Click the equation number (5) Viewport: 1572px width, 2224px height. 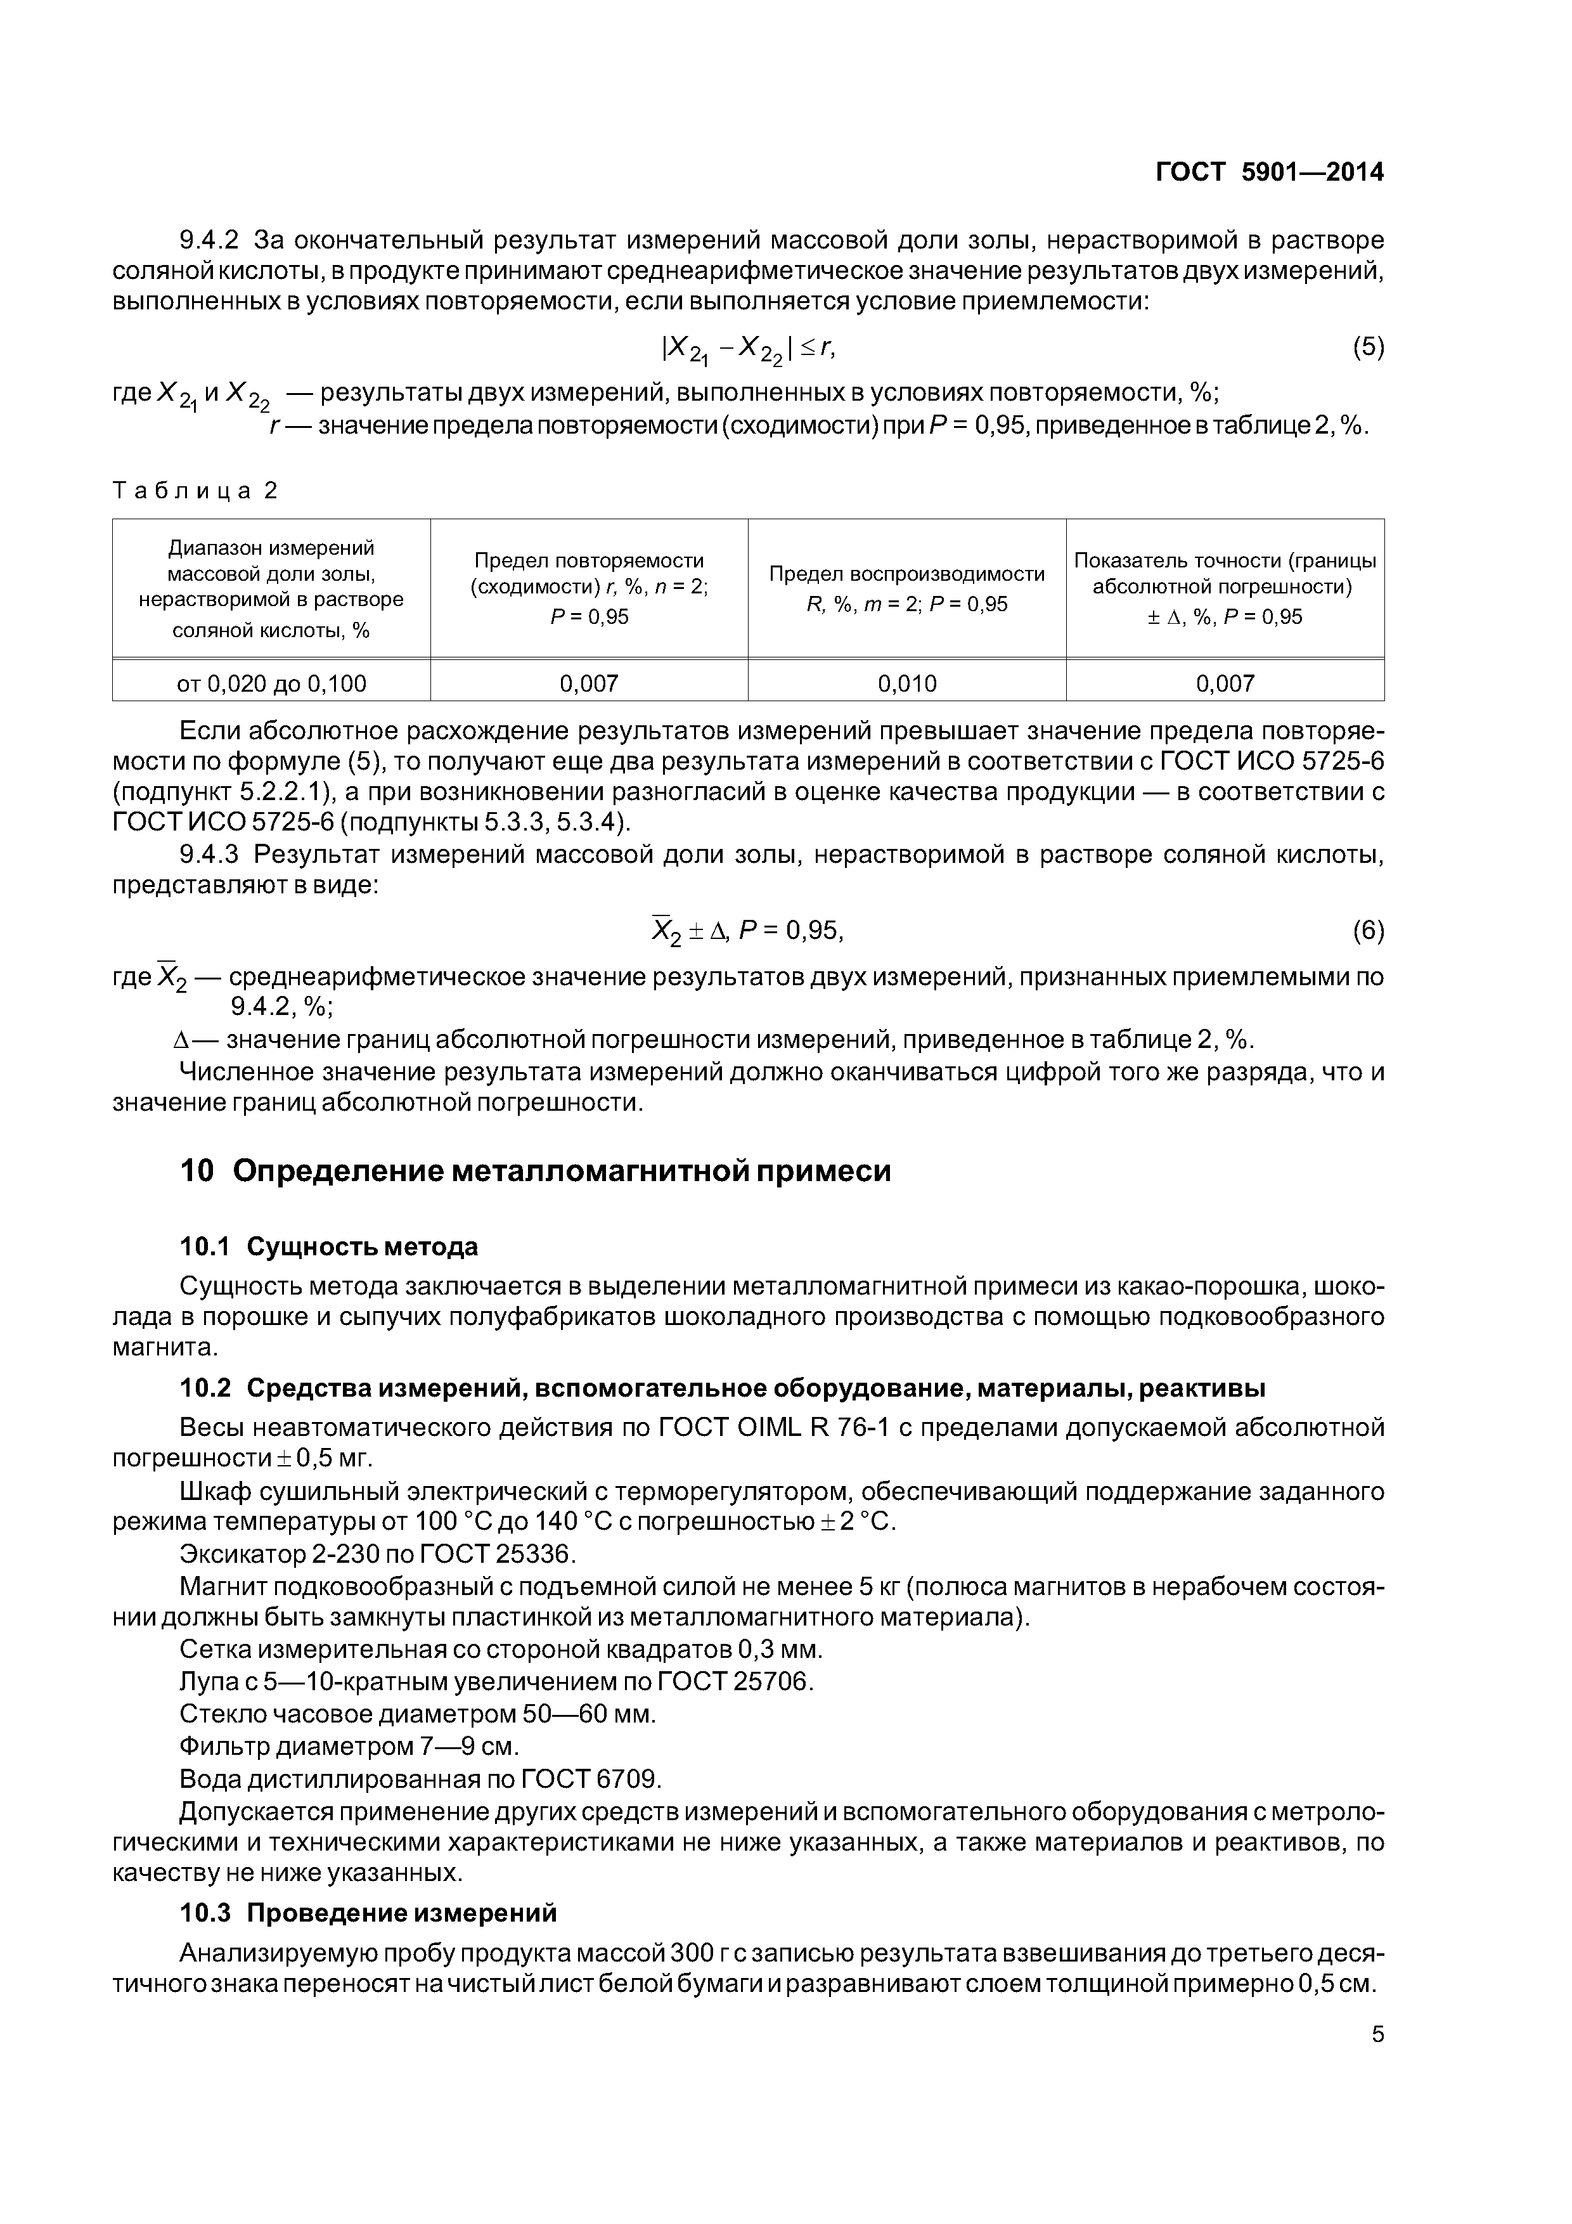[1368, 347]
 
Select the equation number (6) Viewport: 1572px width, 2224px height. [1368, 931]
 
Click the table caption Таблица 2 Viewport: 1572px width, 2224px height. [195, 491]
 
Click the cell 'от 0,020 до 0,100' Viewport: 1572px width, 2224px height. [271, 684]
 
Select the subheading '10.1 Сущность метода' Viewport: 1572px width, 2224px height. [328, 1246]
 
